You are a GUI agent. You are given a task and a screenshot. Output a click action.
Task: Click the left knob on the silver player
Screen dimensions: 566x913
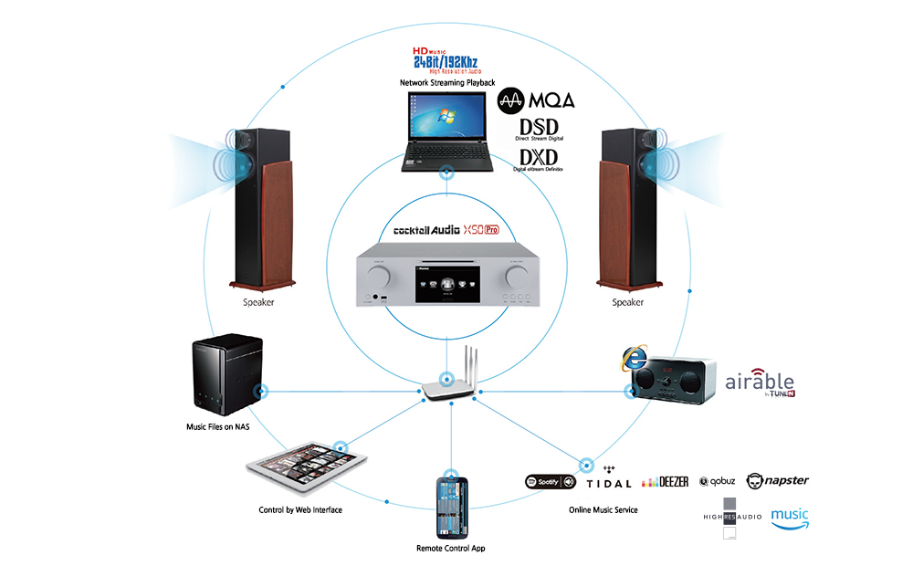(381, 275)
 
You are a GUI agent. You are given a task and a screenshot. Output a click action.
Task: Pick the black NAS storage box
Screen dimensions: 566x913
(226, 375)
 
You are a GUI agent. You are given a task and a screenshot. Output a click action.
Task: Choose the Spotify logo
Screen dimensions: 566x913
(551, 481)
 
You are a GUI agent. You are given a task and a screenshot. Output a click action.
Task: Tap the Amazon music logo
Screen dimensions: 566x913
(790, 519)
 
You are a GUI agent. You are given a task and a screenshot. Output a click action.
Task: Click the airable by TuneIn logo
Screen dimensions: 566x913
(760, 383)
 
